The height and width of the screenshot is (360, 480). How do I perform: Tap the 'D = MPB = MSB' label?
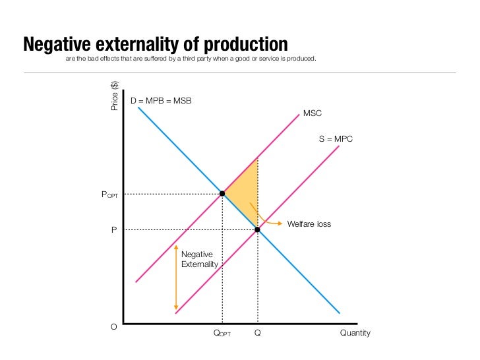pos(161,102)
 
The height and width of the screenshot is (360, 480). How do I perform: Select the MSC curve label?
pos(313,114)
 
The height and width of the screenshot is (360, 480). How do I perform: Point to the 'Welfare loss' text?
pos(309,224)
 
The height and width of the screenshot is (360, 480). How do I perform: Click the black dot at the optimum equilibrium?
pos(222,194)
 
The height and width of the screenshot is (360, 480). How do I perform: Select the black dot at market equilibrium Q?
pos(257,229)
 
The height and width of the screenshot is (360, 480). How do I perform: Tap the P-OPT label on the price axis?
pos(109,195)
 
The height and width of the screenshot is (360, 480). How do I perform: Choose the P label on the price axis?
pos(113,230)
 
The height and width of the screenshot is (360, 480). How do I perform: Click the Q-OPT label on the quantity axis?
pos(222,334)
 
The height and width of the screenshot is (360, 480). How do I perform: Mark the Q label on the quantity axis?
pos(257,333)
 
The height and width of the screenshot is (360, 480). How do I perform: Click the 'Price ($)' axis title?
pos(115,95)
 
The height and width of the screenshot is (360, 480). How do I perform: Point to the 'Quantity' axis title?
pos(355,333)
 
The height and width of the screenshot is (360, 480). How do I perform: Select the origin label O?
pos(113,327)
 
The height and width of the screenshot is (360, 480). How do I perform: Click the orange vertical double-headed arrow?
pos(175,277)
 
